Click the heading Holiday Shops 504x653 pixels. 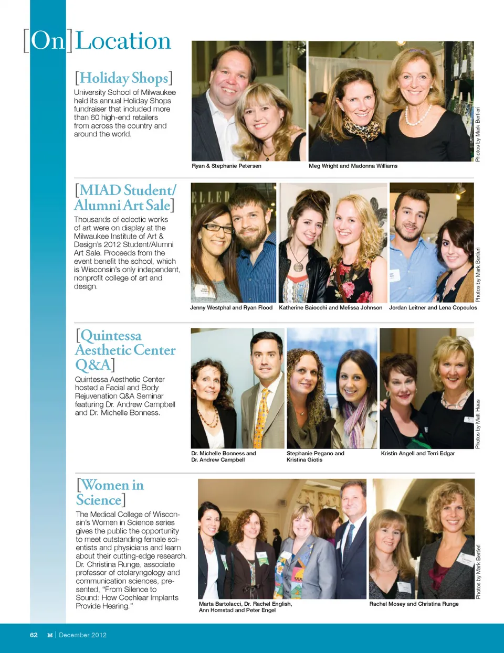[x=124, y=78]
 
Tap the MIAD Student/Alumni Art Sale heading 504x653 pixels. [x=125, y=197]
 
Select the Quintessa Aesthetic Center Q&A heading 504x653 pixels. [x=125, y=350]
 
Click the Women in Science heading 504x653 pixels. [x=110, y=492]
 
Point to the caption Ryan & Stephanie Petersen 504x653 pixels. [x=226, y=166]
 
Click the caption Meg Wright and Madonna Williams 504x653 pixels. [x=353, y=166]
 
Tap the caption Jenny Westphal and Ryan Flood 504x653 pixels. [x=231, y=308]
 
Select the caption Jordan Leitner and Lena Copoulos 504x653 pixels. [x=433, y=308]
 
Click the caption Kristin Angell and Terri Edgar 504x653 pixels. [x=418, y=453]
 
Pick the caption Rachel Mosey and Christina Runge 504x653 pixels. [x=414, y=604]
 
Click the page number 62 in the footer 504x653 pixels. [x=34, y=635]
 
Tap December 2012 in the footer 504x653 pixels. [x=82, y=635]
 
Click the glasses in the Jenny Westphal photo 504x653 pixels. [x=218, y=228]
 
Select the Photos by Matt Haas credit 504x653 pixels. [x=478, y=424]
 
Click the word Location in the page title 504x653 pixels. [x=123, y=41]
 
